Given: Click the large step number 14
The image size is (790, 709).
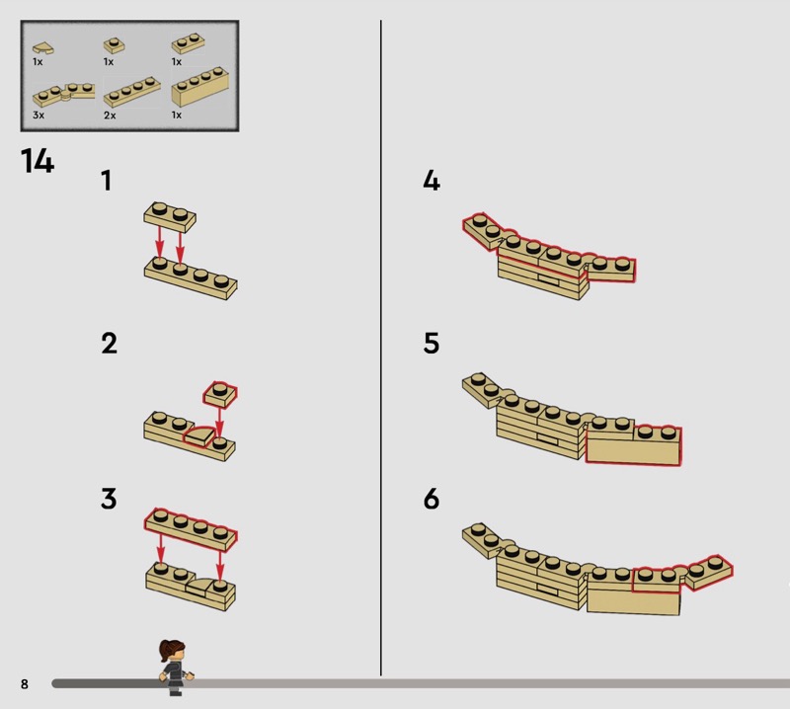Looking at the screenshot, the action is [38, 161].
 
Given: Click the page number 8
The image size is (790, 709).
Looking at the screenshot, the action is [24, 683].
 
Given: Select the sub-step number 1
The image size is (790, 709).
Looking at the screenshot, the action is [107, 181].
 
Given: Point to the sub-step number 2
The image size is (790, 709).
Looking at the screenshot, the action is [109, 344].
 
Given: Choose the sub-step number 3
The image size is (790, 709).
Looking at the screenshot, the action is [109, 499].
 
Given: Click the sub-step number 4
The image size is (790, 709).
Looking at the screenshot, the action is [432, 181].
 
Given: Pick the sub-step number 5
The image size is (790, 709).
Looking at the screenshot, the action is [432, 344].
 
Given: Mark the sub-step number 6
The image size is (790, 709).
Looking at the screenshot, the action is [432, 499].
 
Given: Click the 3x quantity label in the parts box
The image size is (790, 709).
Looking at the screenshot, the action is [39, 115].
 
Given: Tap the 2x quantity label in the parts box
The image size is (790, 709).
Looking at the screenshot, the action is [110, 116].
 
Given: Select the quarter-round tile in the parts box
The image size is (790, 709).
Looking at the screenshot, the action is [43, 48].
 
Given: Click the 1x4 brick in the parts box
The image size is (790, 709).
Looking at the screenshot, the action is [200, 87].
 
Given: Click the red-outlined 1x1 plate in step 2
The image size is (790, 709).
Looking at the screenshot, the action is [220, 394].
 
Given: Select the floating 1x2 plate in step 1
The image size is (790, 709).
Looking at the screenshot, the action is [170, 217].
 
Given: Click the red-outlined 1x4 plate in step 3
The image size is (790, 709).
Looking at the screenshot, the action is [191, 529].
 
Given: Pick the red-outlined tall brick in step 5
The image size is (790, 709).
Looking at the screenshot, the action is [633, 445].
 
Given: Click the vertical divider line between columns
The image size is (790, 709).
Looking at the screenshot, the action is [381, 348].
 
